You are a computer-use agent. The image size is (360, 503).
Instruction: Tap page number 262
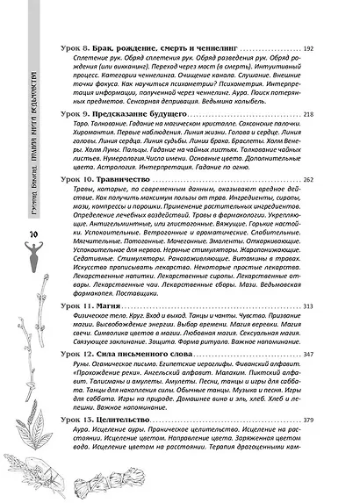(x=333, y=203)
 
